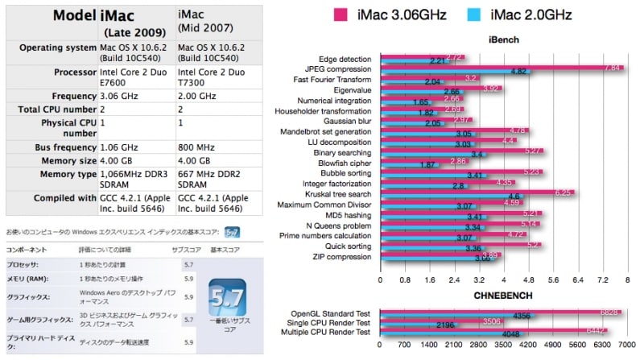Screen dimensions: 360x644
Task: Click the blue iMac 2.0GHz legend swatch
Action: coord(474,14)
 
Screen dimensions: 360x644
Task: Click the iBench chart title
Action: coord(505,39)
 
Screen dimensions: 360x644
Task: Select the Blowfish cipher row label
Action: coord(347,163)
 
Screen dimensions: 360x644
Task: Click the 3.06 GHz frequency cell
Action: coord(115,94)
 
